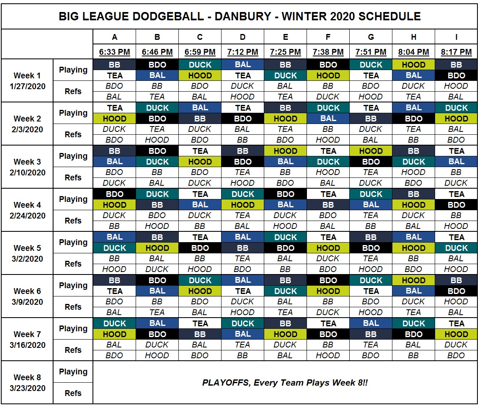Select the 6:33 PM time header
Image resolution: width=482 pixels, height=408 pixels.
point(114,52)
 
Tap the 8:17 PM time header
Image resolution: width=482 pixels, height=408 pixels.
point(456,52)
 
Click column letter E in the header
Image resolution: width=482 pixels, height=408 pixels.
point(285,37)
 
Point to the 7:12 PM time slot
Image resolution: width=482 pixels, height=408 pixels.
point(243,52)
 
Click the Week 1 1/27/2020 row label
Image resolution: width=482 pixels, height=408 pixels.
point(27,81)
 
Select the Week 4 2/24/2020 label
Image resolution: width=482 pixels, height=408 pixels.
point(27,210)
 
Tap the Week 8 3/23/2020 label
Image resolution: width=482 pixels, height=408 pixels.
point(27,382)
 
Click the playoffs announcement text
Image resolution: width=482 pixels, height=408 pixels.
point(285,382)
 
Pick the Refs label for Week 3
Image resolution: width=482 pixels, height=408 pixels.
point(73,177)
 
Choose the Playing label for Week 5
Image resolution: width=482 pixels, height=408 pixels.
point(73,243)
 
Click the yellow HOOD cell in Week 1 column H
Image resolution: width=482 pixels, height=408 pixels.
point(414,65)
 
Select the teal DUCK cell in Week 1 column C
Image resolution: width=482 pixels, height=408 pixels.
point(200,65)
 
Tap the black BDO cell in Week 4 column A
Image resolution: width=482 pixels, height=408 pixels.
point(114,194)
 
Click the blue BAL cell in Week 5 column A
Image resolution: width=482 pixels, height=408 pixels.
point(114,237)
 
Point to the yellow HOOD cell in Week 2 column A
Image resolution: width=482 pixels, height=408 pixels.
point(114,119)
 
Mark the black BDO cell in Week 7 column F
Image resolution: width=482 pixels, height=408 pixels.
point(328,334)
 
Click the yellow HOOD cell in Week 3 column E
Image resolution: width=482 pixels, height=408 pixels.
point(285,151)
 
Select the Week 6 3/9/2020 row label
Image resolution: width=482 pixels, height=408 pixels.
point(27,296)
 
